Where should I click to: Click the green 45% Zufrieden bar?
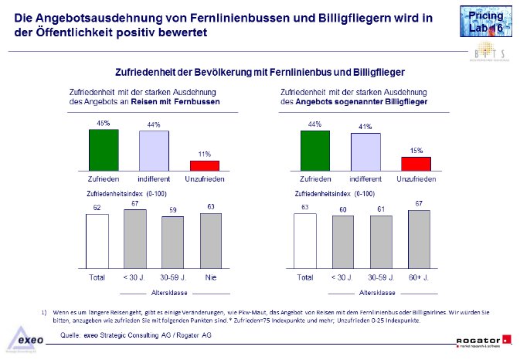(x=104, y=148)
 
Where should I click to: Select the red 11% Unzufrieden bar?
(x=205, y=165)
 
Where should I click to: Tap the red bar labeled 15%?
(x=415, y=163)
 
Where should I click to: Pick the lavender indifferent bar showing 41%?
(x=365, y=151)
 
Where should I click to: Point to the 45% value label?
(x=103, y=123)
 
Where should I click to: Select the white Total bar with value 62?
(x=97, y=239)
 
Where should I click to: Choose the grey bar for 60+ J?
(x=420, y=238)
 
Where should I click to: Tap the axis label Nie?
(x=210, y=276)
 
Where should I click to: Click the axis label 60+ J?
(x=420, y=276)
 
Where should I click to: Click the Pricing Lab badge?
(x=484, y=21)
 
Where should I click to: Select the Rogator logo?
(x=483, y=338)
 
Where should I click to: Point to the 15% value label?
(x=416, y=151)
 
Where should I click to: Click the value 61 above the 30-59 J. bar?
(x=382, y=209)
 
